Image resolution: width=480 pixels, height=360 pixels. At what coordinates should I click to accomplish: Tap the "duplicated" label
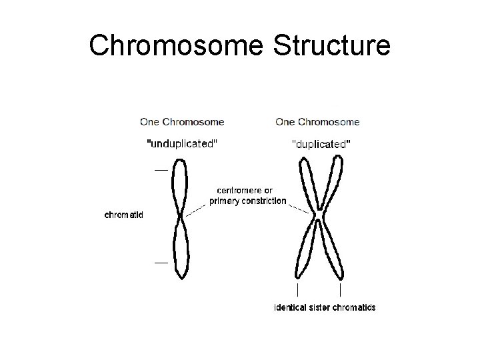[x=322, y=143]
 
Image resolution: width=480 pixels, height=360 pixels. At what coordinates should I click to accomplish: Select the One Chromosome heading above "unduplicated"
[x=182, y=122]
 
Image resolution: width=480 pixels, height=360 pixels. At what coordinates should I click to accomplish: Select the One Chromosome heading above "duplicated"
[x=317, y=122]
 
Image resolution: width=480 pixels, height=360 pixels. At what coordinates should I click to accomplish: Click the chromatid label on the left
[x=124, y=215]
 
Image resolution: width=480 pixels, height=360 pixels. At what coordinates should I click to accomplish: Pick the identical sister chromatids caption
[x=325, y=307]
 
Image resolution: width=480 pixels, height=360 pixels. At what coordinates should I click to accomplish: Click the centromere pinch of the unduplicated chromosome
[x=180, y=216]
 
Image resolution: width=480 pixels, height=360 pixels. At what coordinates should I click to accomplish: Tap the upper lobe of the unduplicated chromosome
[x=179, y=183]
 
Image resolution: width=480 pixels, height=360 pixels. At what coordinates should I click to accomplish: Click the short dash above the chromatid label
[x=161, y=170]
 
